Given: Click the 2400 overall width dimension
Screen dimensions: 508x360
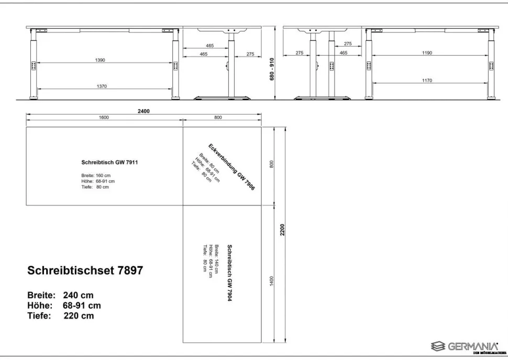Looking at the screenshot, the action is (x=143, y=111).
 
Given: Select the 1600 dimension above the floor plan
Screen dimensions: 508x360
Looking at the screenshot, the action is (x=104, y=117).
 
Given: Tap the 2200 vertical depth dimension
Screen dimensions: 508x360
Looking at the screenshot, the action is (x=282, y=230).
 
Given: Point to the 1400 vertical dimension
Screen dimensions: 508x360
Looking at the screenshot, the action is (x=271, y=281).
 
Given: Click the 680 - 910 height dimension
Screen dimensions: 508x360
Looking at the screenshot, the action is (x=272, y=69).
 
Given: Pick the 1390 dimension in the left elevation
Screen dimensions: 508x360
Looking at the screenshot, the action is (x=100, y=60).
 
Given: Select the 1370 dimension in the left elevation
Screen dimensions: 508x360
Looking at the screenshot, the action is (x=102, y=86).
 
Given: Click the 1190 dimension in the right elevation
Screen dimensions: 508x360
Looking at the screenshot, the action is (x=427, y=53).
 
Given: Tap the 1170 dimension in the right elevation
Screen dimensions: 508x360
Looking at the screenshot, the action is (x=427, y=80).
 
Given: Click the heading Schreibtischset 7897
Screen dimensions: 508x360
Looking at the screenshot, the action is (x=85, y=270).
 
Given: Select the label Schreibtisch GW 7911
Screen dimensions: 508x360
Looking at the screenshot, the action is (x=109, y=162).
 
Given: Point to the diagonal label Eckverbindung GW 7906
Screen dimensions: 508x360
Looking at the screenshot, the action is (x=231, y=167).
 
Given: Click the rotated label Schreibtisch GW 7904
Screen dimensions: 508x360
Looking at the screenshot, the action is (x=229, y=273).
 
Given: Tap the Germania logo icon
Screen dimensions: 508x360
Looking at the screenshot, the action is (x=438, y=346).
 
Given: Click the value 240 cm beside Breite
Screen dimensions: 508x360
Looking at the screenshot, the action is (x=79, y=295).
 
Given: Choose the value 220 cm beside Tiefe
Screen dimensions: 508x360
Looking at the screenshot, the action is (x=79, y=315).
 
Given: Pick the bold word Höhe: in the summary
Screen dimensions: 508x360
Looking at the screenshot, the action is (x=40, y=305).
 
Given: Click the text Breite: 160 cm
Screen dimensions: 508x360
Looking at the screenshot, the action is (x=96, y=176).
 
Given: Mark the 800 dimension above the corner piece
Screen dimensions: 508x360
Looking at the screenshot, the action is (x=218, y=117).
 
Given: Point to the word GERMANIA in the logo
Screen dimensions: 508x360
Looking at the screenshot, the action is (x=473, y=346).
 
